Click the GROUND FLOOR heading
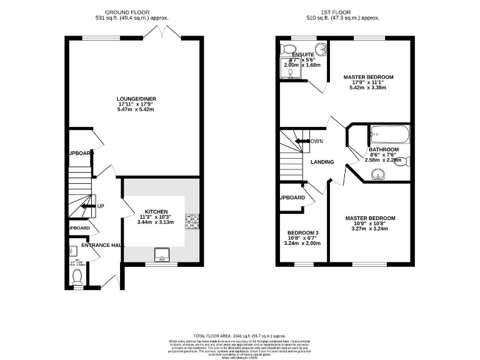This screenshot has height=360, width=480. [x=135, y=12]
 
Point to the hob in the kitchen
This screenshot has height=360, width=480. [x=191, y=221]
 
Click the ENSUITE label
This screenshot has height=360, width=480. [x=294, y=55]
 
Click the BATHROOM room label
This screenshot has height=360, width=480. [x=383, y=150]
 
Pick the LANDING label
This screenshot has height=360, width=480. [x=322, y=162]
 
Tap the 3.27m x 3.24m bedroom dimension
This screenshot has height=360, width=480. [x=370, y=229]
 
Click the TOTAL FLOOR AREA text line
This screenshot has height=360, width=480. [x=239, y=336]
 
